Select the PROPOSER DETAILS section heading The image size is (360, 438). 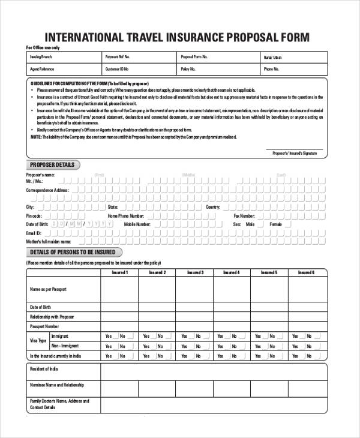53,165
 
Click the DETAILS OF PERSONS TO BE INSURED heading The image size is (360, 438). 73,252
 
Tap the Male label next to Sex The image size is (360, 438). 250,224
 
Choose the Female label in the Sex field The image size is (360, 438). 275,224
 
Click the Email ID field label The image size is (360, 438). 34,233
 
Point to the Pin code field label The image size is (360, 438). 34,215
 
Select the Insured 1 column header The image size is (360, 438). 119,272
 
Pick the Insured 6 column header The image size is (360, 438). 306,272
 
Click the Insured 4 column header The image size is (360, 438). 231,272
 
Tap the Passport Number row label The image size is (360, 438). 45,326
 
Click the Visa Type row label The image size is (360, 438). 38,341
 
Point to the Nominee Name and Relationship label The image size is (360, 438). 57,385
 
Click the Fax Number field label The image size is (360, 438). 245,215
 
